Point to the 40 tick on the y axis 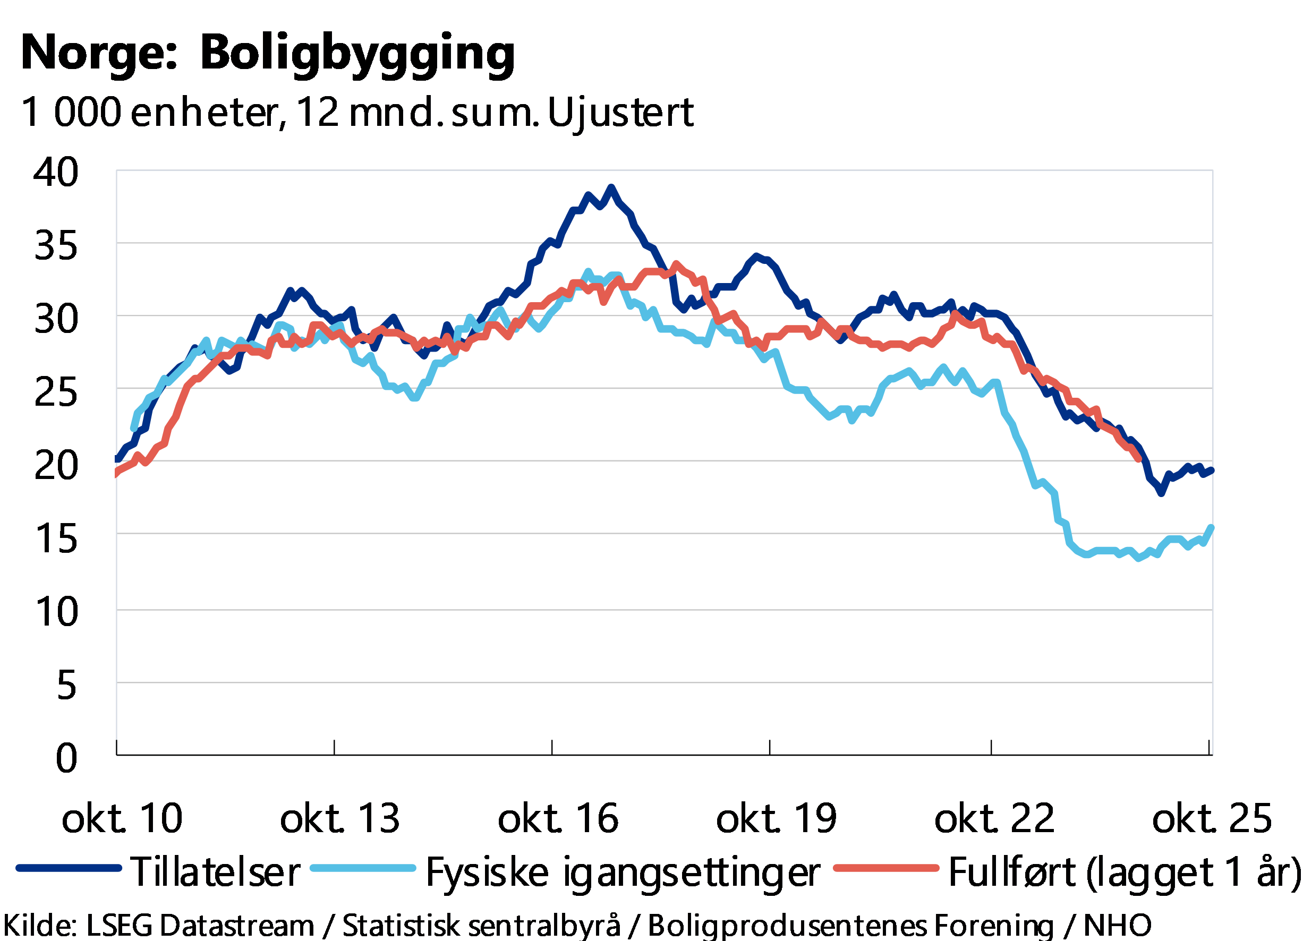click(x=55, y=171)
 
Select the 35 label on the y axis click(x=55, y=244)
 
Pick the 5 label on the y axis click(x=66, y=683)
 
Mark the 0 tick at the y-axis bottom click(x=66, y=757)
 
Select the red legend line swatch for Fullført click(x=886, y=868)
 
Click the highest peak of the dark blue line click(x=611, y=187)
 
